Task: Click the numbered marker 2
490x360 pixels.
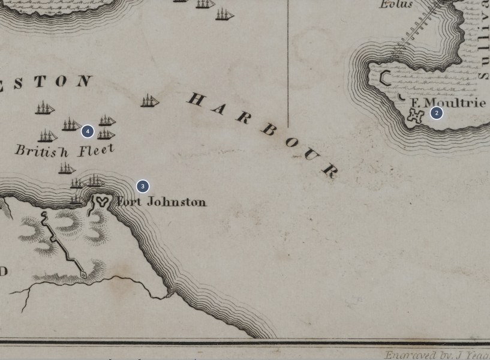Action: (x=436, y=113)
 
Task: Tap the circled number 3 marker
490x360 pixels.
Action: (x=142, y=186)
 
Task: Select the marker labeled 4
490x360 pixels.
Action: (x=88, y=131)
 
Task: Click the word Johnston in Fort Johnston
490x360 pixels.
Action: (x=176, y=202)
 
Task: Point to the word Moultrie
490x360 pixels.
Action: (x=455, y=103)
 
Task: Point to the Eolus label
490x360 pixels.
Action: (x=396, y=5)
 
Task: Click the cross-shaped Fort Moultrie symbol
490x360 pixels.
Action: (x=415, y=116)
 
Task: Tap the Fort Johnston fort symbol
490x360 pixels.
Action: (x=101, y=202)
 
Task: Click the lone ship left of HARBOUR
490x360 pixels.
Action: (x=149, y=101)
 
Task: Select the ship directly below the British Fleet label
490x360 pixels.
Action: (x=67, y=169)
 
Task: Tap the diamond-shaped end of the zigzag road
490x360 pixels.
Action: (x=83, y=275)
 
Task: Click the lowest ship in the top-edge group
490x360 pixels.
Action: (x=225, y=14)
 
